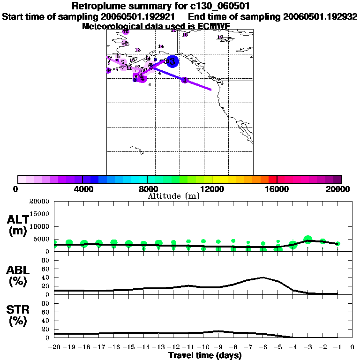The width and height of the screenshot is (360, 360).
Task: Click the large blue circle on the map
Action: [172, 61]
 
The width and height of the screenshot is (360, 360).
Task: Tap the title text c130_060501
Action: [221, 6]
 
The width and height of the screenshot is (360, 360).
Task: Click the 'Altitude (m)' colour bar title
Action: [173, 196]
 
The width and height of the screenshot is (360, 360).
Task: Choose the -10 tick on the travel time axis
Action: [203, 347]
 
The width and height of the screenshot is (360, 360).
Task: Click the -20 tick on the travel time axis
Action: [54, 347]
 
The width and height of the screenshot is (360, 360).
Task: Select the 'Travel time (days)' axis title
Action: [204, 356]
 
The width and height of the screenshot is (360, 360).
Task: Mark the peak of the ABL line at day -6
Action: [263, 277]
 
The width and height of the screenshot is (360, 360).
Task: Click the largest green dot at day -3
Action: [308, 240]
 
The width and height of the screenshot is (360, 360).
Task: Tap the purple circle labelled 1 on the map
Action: [185, 80]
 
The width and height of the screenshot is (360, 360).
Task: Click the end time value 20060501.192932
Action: [320, 16]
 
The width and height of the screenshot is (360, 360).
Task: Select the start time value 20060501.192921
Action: [138, 16]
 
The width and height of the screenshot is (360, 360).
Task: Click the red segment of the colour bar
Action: [272, 179]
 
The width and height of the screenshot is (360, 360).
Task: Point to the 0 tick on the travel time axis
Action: [352, 347]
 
